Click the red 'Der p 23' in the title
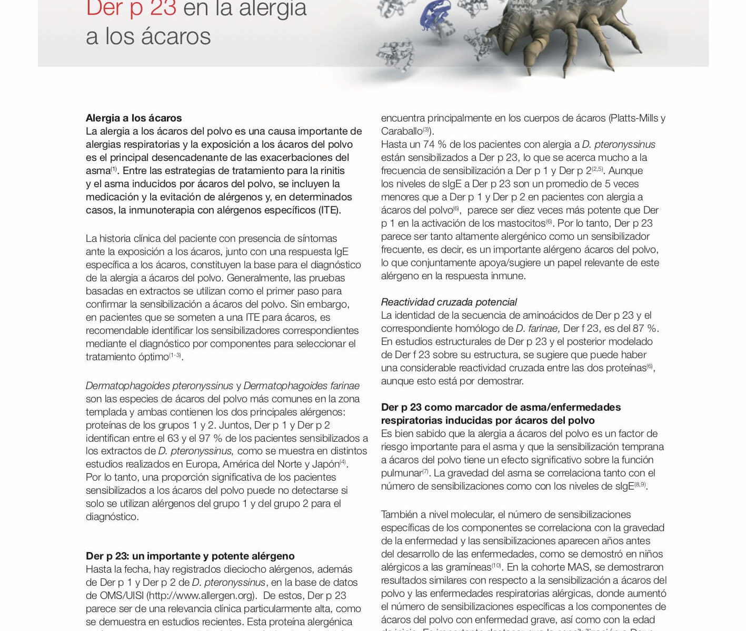(x=131, y=8)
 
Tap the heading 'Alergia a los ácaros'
(x=134, y=118)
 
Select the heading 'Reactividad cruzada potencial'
(x=449, y=302)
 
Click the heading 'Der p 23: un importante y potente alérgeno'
(x=190, y=556)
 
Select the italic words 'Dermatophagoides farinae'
(x=301, y=385)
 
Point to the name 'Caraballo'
(x=402, y=131)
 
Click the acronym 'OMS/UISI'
(x=122, y=595)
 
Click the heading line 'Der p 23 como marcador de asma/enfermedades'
(x=501, y=407)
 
